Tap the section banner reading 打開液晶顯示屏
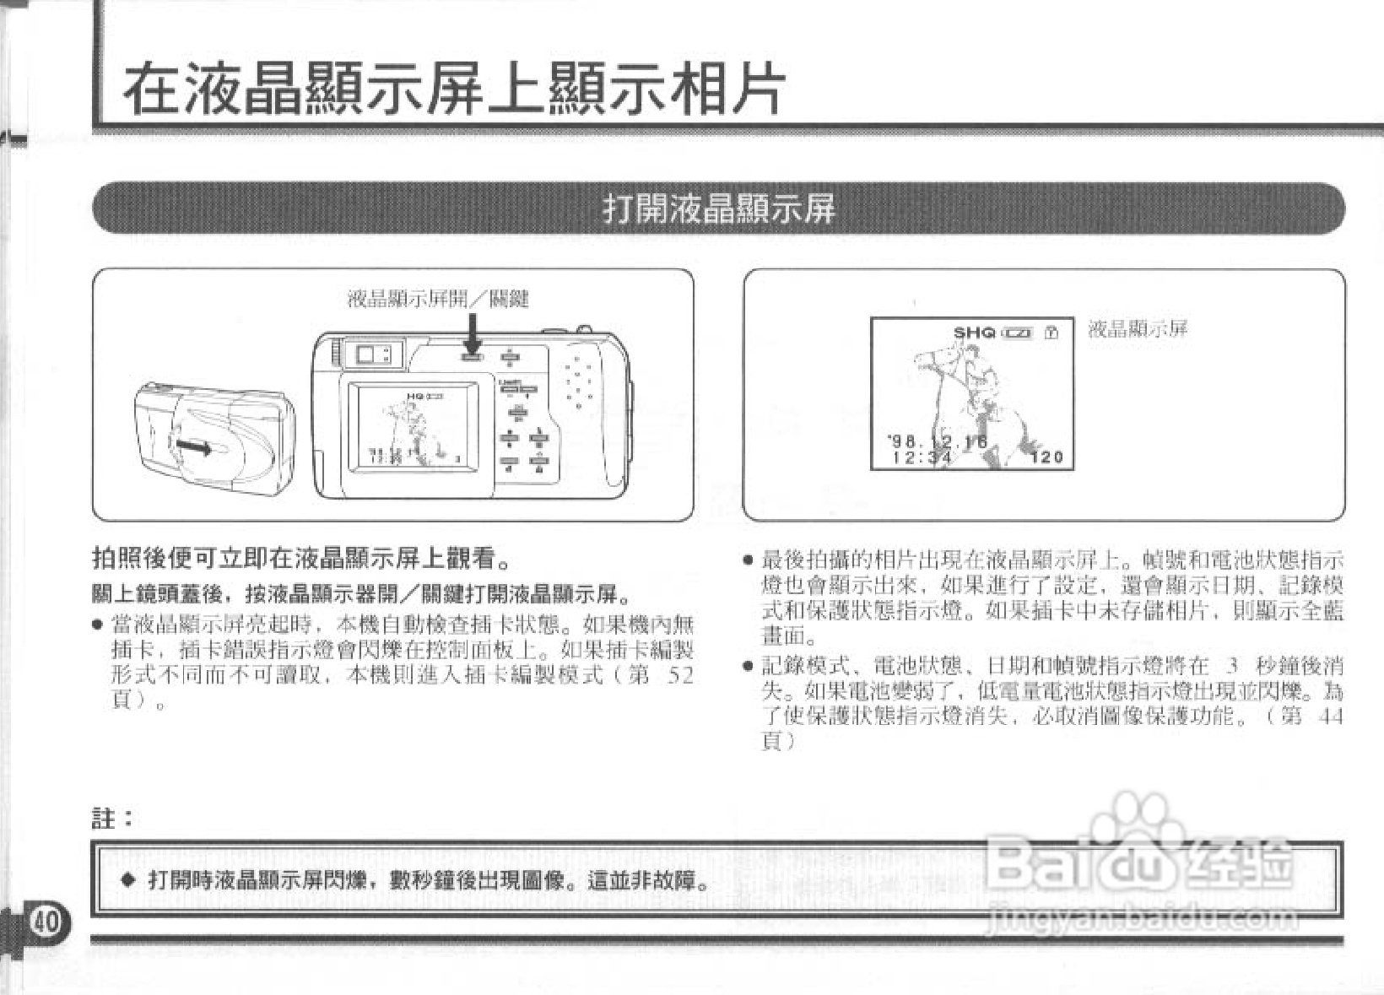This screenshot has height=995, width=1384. [x=718, y=208]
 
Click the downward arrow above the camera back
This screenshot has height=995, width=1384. [x=473, y=333]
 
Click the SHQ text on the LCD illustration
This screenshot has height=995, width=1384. [x=974, y=333]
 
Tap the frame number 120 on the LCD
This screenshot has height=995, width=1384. [x=1046, y=457]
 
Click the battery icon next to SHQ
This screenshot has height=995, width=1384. [x=1018, y=333]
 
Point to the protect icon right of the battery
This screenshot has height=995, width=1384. [x=1051, y=333]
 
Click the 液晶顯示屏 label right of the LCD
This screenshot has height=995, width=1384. [x=1138, y=328]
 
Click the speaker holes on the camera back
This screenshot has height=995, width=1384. [x=579, y=382]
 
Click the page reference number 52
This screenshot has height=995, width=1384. [x=679, y=675]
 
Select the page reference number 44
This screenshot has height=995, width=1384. [x=1329, y=717]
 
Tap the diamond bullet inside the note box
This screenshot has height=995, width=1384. [x=127, y=880]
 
